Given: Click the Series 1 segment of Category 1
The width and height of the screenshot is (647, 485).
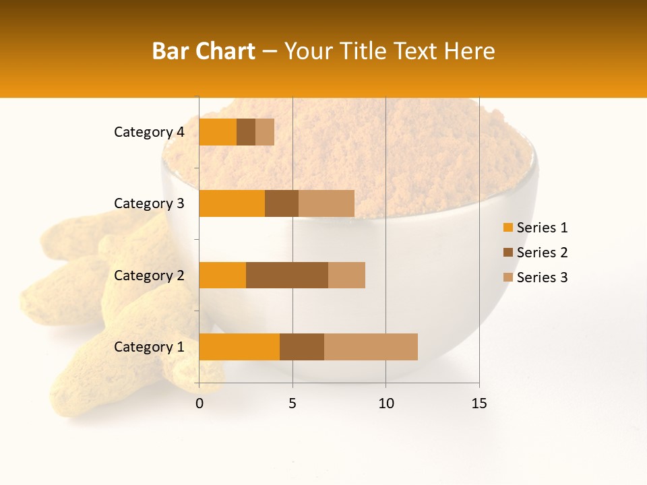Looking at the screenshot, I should click(239, 346).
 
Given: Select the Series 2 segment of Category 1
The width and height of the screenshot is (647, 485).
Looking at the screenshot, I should click(302, 346).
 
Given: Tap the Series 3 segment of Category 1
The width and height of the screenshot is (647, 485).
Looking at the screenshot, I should click(371, 346).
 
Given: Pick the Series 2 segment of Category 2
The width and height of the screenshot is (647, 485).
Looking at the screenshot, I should click(287, 275).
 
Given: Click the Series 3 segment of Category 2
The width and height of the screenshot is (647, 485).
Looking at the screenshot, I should click(346, 275).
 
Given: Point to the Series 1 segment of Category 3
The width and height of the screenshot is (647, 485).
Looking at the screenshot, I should click(232, 203).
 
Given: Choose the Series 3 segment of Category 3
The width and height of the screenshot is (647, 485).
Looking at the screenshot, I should click(326, 203).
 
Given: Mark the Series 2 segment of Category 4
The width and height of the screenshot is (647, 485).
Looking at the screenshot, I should click(246, 132).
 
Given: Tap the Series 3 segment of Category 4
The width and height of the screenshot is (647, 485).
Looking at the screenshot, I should click(265, 132).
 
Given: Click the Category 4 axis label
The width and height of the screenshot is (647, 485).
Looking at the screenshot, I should click(149, 132).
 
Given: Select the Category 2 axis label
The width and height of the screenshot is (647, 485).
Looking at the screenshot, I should click(149, 275).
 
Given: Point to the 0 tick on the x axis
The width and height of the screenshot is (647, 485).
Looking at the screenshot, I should click(199, 403).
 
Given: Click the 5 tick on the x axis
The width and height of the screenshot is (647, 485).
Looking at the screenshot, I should click(292, 403).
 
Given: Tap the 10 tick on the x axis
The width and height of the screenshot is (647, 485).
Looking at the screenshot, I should click(386, 403).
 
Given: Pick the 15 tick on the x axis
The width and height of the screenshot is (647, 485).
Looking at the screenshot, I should click(479, 403).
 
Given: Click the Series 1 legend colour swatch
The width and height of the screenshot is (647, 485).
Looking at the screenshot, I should click(507, 228).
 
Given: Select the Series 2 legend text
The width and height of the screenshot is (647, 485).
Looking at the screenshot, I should click(542, 253).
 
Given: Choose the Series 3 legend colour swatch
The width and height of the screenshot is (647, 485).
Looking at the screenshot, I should click(507, 278).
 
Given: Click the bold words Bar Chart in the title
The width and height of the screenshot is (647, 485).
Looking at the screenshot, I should click(204, 51).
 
